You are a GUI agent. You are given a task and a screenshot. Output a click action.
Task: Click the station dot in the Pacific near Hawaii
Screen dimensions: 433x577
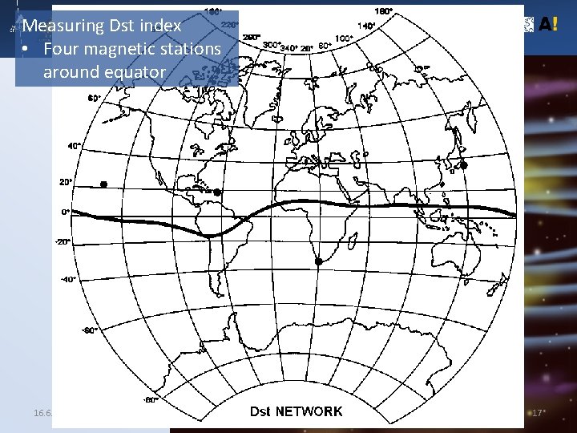(x=103, y=184)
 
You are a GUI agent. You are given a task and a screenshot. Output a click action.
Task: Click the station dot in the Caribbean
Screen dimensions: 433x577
(x=217, y=192)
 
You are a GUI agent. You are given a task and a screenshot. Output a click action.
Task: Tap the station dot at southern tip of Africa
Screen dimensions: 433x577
(x=318, y=262)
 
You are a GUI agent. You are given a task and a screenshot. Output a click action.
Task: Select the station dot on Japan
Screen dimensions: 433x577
(x=462, y=166)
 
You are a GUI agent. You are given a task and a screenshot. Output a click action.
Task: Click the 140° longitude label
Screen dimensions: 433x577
(x=367, y=26)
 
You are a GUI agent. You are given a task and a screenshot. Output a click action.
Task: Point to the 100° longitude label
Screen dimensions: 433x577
(x=344, y=38)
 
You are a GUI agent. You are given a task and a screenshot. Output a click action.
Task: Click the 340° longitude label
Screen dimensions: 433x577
(x=288, y=48)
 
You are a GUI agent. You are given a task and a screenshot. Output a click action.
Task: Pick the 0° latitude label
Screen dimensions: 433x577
(x=66, y=212)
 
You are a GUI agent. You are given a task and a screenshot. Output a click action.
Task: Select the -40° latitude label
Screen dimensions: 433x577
(x=67, y=279)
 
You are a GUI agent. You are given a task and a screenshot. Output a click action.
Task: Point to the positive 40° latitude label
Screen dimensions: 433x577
(x=75, y=146)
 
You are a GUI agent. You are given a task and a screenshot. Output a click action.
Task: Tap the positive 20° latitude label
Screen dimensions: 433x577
(x=66, y=182)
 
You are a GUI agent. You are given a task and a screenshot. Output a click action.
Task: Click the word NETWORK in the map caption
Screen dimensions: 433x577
(x=309, y=411)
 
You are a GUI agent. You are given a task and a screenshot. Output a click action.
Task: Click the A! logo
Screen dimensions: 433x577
(x=547, y=24)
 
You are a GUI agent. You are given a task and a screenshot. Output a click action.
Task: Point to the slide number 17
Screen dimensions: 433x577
(x=538, y=412)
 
